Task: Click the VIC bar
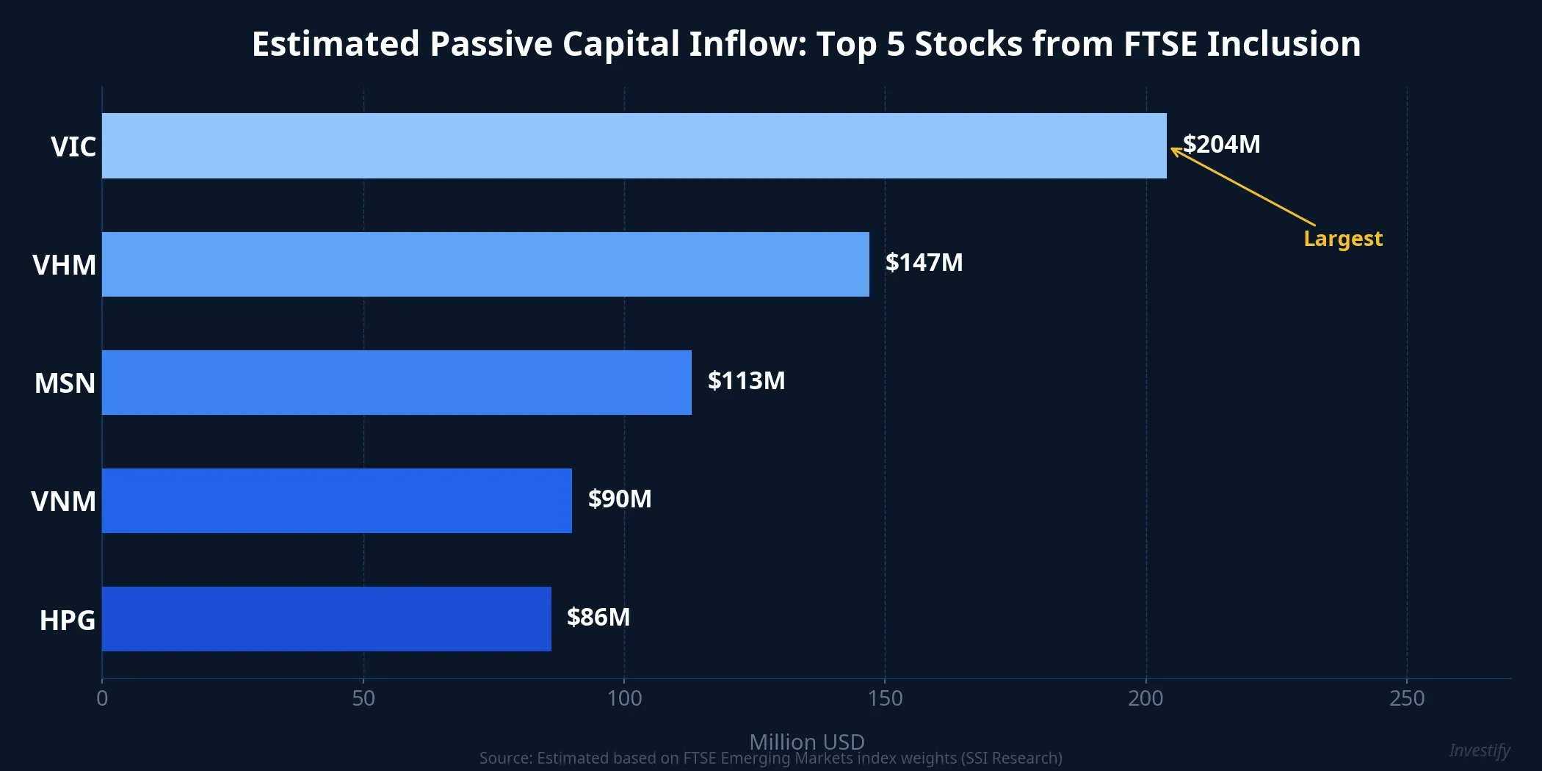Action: (x=634, y=145)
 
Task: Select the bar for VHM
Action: (x=485, y=264)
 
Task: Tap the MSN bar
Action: (x=397, y=383)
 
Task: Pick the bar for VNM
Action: (x=336, y=501)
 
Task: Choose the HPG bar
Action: (x=326, y=619)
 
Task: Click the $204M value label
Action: (x=1221, y=144)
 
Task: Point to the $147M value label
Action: (x=924, y=262)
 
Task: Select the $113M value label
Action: (x=746, y=380)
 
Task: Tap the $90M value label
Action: (x=619, y=499)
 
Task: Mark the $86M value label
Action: (x=598, y=617)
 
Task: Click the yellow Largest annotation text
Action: (x=1342, y=239)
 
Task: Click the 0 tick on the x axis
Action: (x=102, y=698)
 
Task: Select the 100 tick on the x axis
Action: (x=624, y=698)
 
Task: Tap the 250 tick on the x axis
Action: (x=1406, y=698)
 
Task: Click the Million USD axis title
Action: (x=806, y=741)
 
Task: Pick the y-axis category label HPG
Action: (x=67, y=620)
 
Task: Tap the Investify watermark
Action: (x=1479, y=750)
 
